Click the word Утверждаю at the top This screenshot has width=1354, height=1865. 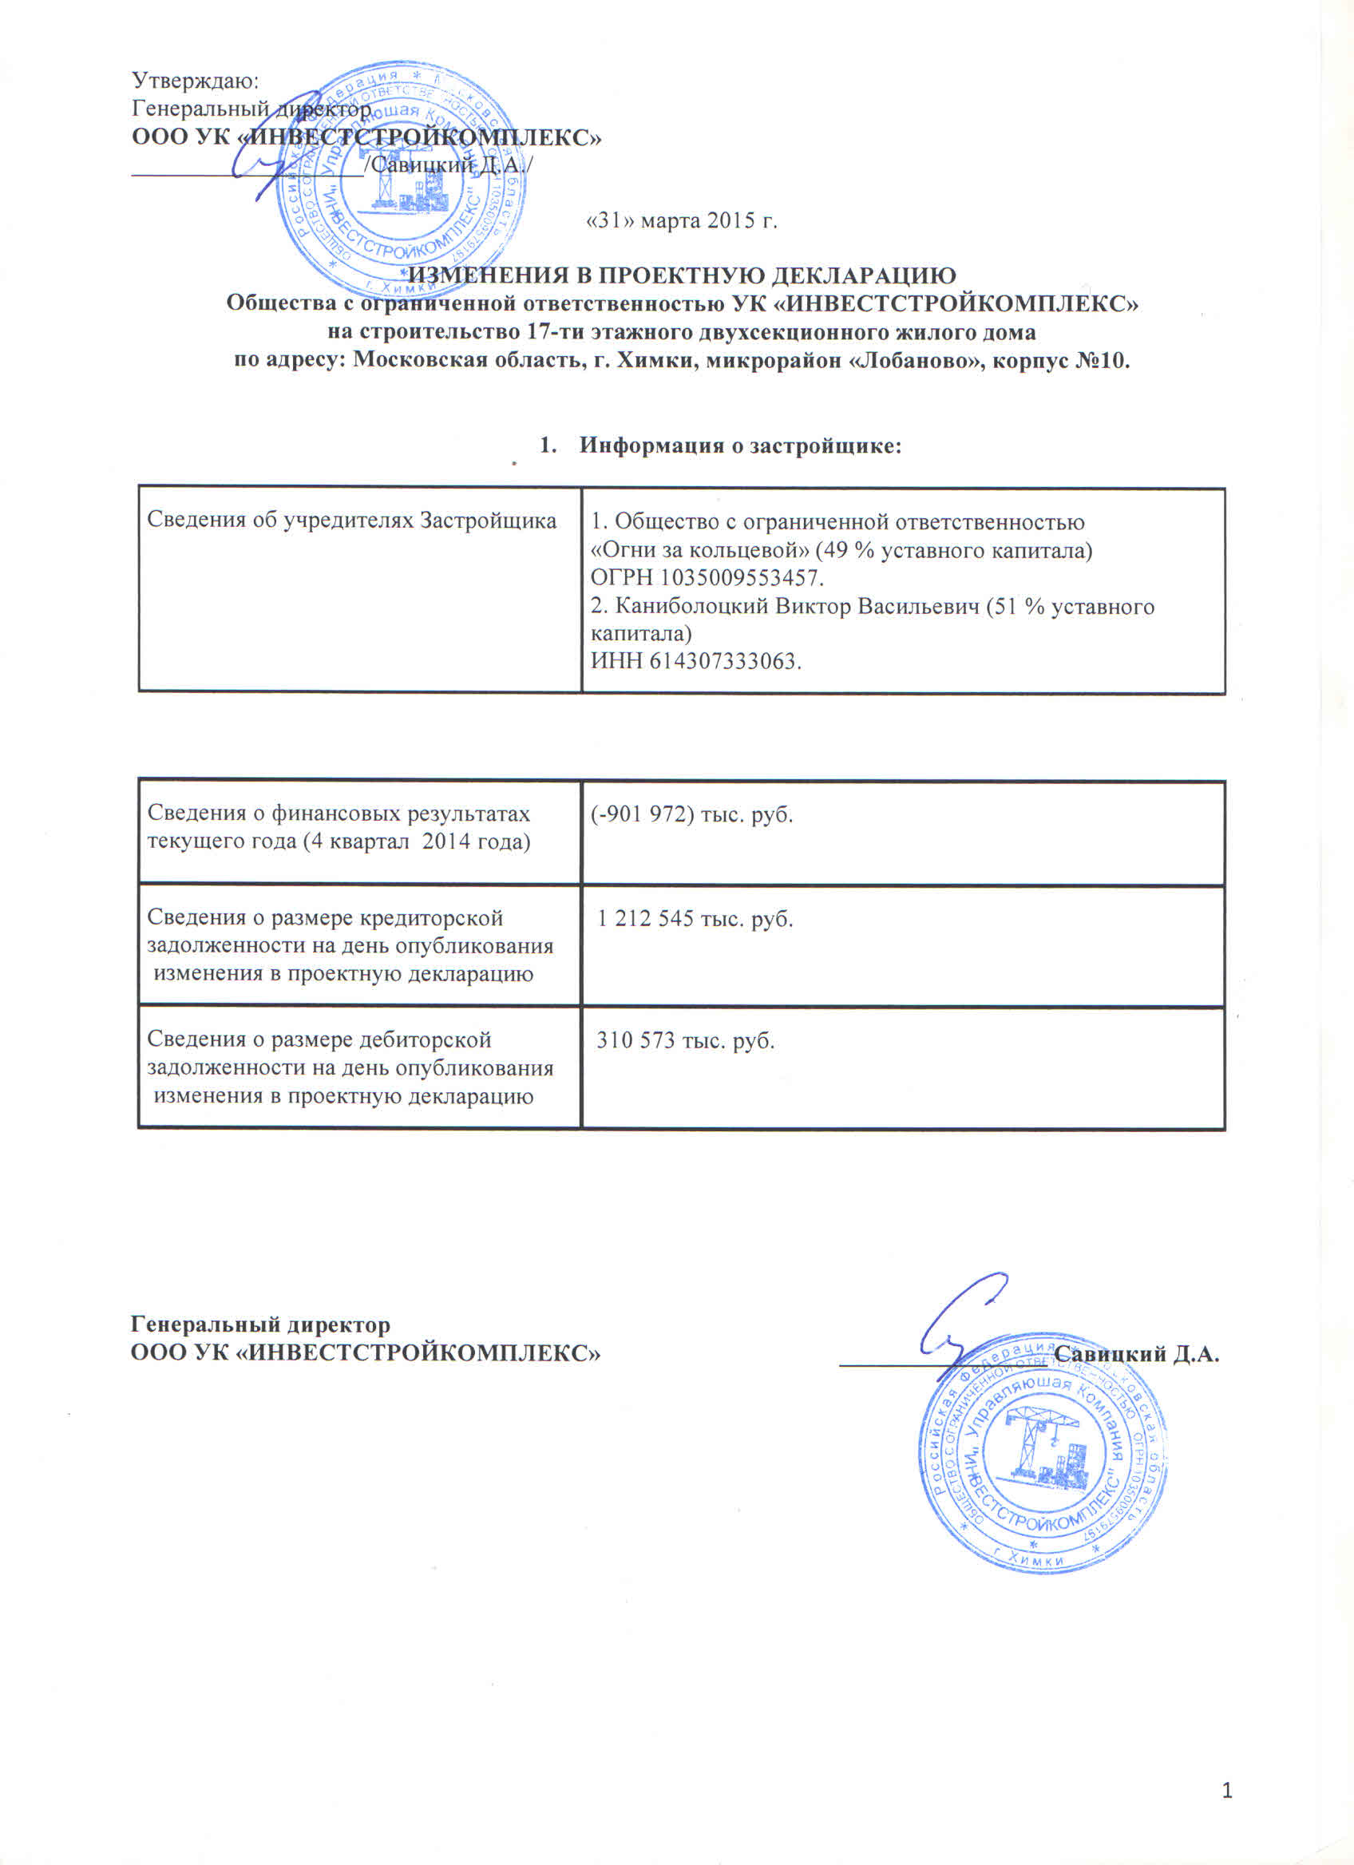click(195, 81)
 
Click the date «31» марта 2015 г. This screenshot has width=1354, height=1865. click(681, 221)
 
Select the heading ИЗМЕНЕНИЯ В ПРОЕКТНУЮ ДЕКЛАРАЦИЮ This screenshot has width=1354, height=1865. click(683, 275)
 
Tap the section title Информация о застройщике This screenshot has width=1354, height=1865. click(740, 445)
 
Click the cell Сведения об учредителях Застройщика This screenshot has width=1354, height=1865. click(351, 521)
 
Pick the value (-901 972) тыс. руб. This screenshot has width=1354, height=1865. click(691, 814)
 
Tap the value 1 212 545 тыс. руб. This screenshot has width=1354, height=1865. click(695, 918)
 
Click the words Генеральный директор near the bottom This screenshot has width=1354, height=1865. click(260, 1325)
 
